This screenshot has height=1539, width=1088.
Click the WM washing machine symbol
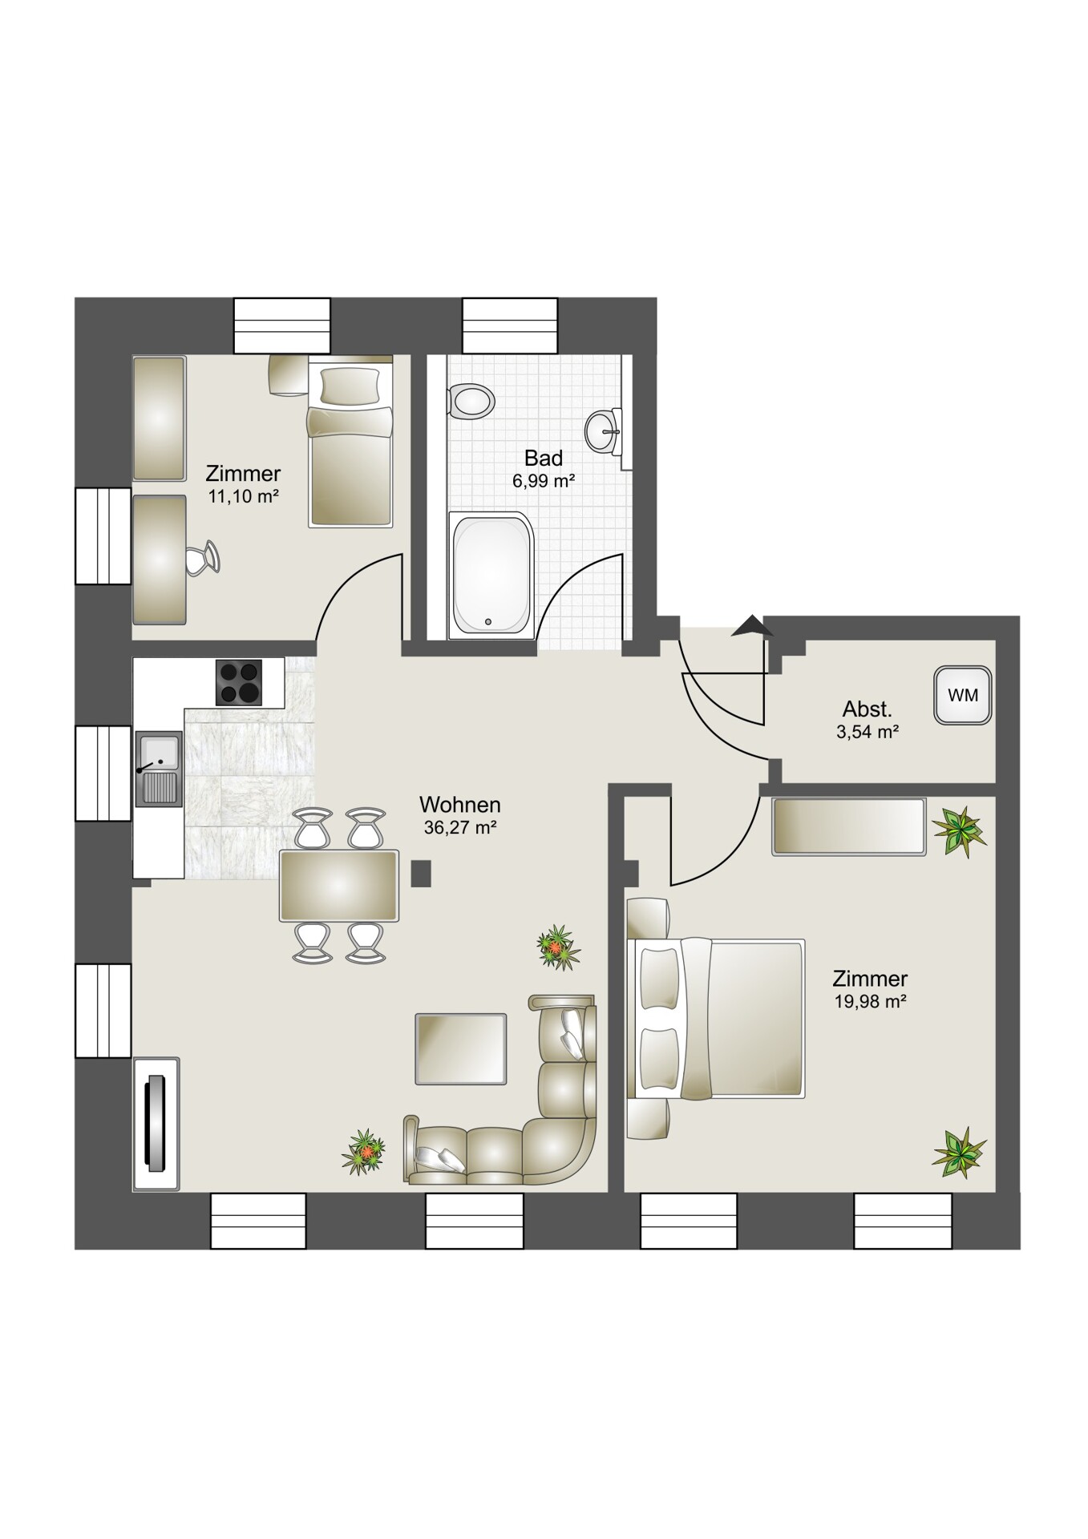point(962,695)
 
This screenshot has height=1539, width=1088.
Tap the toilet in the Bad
point(471,400)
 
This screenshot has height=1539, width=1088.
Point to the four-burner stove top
point(239,682)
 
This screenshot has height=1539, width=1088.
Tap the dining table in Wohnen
point(338,886)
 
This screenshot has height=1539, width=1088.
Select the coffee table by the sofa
point(461,1048)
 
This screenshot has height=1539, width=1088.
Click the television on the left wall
point(155,1123)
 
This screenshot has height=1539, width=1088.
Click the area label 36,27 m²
point(460,827)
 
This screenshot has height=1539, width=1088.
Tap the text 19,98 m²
point(870,1001)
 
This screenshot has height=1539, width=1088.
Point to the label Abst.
point(867,709)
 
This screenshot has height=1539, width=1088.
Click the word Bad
point(544,458)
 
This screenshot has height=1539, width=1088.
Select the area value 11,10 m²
point(243,496)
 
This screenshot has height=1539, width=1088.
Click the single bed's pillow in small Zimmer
point(350,385)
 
